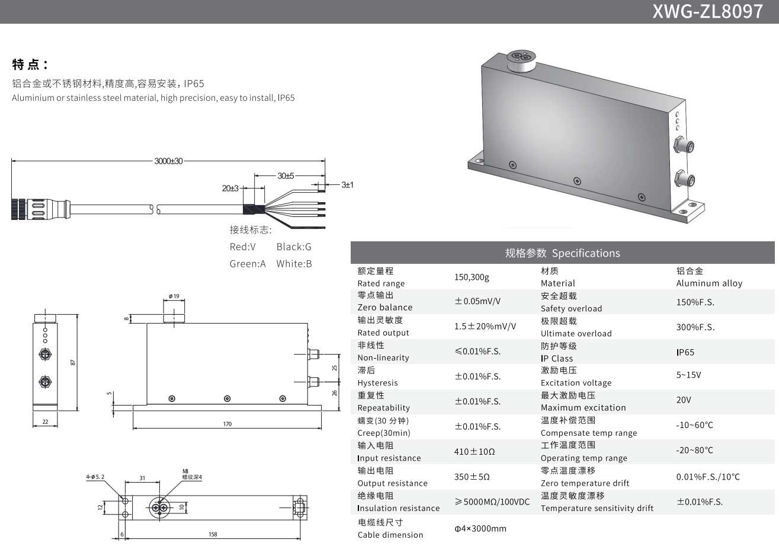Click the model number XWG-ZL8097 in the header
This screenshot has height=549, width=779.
click(x=707, y=11)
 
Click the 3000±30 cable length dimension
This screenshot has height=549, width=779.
click(x=168, y=161)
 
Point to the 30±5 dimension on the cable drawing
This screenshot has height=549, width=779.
click(x=286, y=176)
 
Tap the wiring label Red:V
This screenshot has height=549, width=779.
click(x=243, y=247)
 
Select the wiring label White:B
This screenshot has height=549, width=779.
click(x=294, y=264)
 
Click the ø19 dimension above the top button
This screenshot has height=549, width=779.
click(x=174, y=296)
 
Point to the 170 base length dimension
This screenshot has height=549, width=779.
click(x=227, y=424)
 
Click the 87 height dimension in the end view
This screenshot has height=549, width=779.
click(x=73, y=362)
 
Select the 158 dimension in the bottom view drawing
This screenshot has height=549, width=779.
click(x=213, y=534)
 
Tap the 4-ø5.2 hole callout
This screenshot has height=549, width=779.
click(x=95, y=477)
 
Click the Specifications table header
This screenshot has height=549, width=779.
click(x=562, y=253)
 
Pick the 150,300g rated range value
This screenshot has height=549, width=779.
click(x=472, y=277)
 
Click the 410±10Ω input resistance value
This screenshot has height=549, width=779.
click(x=475, y=452)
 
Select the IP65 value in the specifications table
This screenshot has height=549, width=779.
click(x=685, y=352)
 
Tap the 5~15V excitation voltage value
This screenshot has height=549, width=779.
click(x=688, y=375)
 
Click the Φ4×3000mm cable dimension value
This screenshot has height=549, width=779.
click(x=480, y=528)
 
